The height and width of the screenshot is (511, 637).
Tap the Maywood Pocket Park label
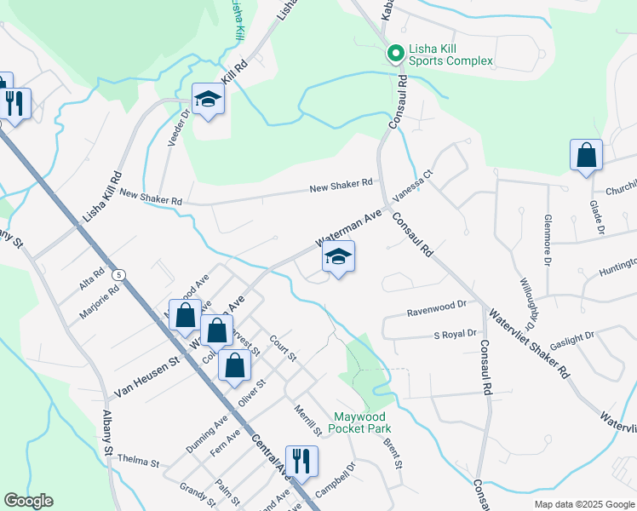click(x=361, y=422)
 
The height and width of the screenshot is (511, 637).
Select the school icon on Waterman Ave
click(x=339, y=258)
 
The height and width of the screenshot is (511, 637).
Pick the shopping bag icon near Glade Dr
click(x=586, y=156)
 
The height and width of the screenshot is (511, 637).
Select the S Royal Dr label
click(x=455, y=334)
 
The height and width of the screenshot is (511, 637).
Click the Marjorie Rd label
click(x=100, y=294)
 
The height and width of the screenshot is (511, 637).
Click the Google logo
click(x=28, y=501)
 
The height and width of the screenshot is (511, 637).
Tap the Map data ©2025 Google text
click(x=583, y=504)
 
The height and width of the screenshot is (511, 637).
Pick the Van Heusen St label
click(x=145, y=376)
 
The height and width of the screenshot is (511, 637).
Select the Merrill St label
click(x=305, y=420)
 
